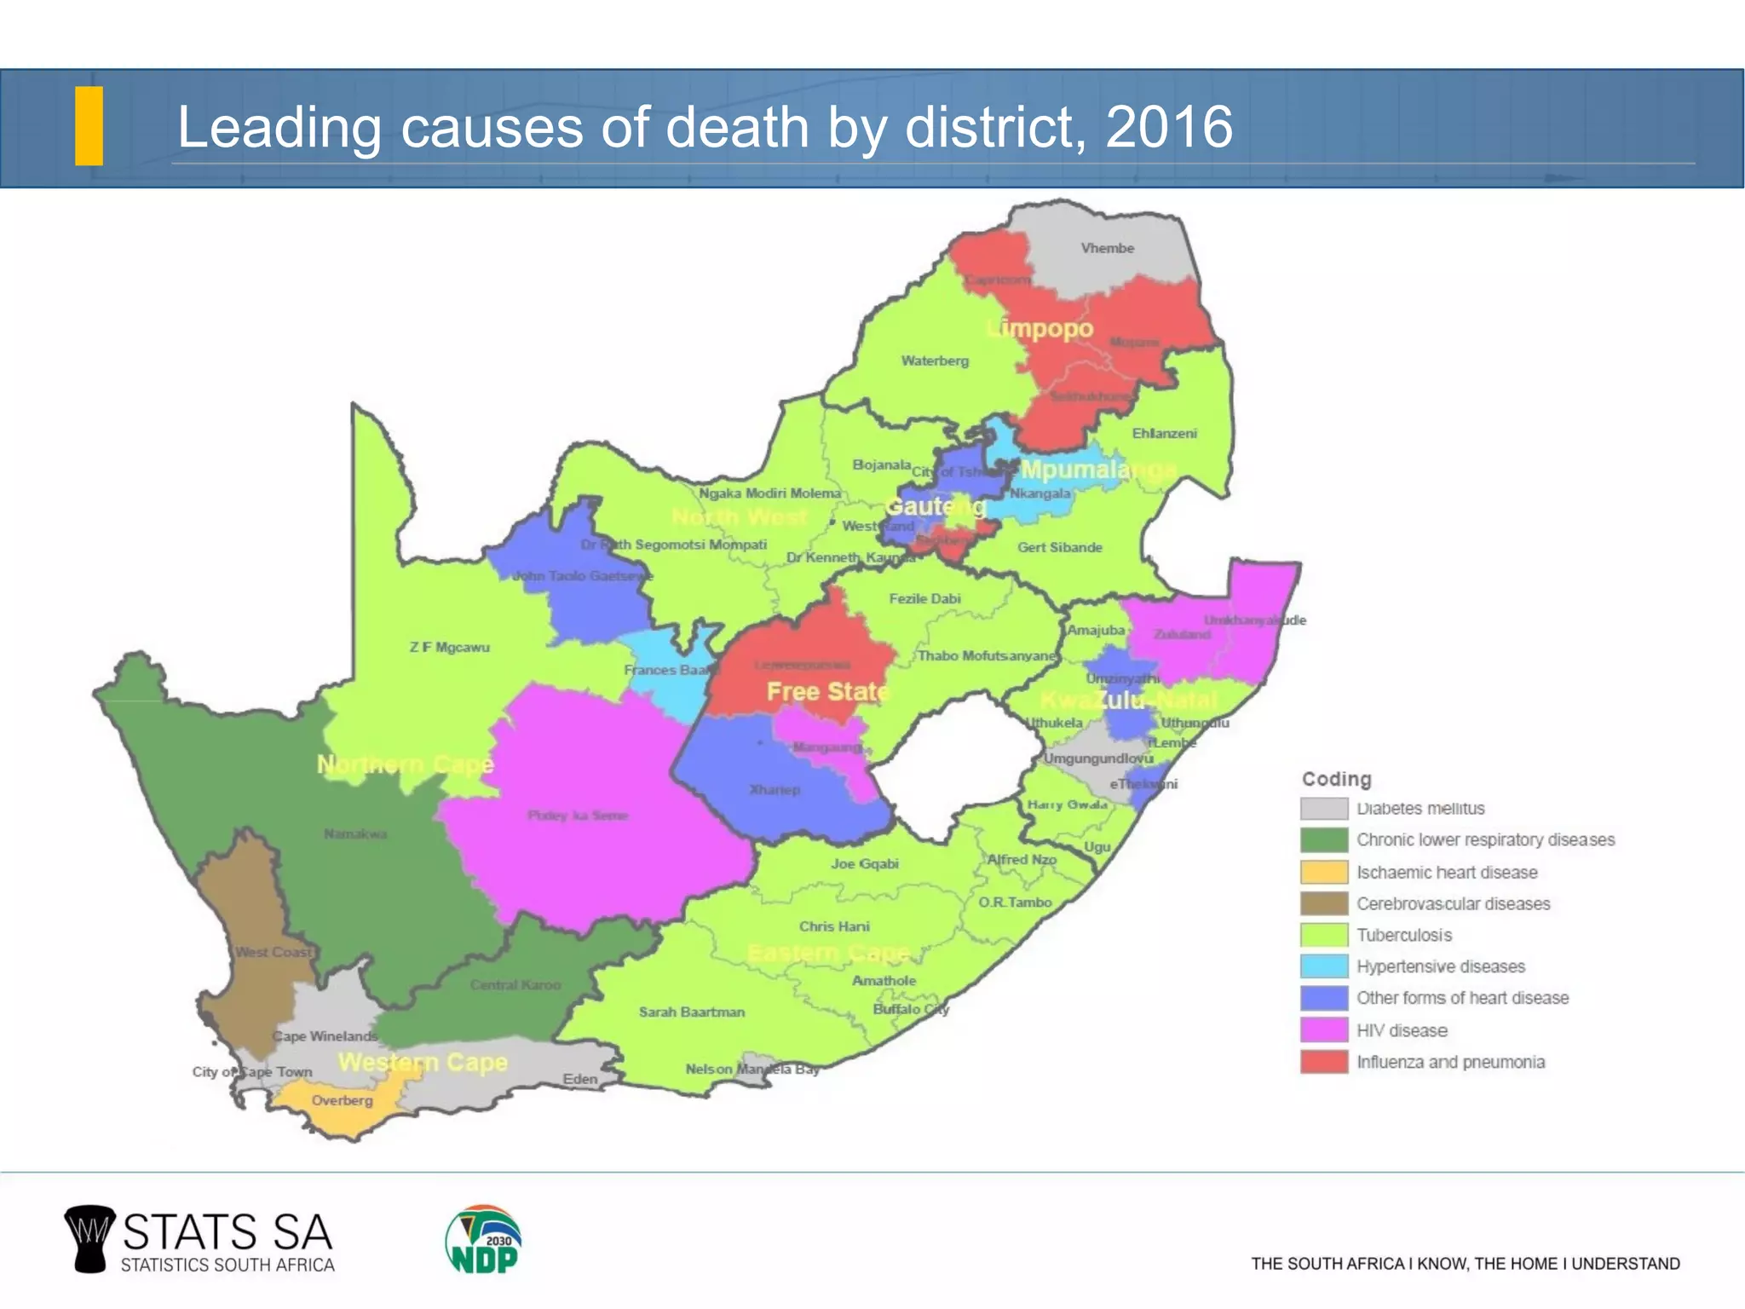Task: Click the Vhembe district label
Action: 1107,248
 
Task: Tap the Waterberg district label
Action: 935,360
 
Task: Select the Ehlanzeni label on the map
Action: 1164,433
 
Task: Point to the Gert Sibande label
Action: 1059,547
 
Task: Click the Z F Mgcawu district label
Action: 449,647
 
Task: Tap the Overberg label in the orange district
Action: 342,1100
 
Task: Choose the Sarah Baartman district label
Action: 691,1012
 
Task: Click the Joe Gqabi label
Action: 864,863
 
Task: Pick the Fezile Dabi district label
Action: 924,598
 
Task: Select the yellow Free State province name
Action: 826,691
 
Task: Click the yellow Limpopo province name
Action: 1040,328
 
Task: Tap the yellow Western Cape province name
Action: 423,1063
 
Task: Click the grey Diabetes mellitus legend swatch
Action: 1323,808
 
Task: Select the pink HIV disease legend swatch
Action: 1323,1029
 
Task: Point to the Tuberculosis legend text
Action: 1403,935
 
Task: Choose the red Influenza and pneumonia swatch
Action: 1323,1062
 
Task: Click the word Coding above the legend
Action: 1336,779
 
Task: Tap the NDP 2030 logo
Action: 483,1239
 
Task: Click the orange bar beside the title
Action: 89,125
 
